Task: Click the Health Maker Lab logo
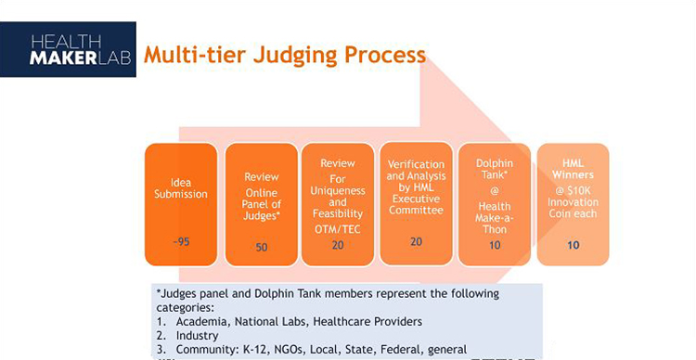[x=68, y=49]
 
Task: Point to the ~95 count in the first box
[x=181, y=241]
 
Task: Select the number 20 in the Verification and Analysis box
[x=416, y=240]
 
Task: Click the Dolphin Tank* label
[x=494, y=170]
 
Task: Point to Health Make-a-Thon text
[x=494, y=214]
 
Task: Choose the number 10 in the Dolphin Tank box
[x=494, y=245]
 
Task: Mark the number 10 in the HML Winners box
[x=573, y=244]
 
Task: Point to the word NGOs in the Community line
[x=285, y=350]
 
